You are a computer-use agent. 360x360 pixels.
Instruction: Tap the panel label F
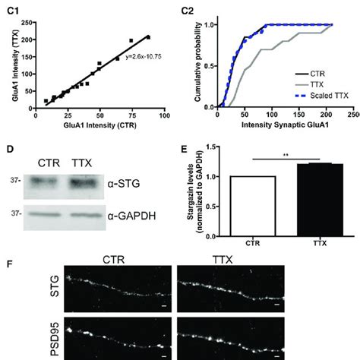[8, 267]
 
